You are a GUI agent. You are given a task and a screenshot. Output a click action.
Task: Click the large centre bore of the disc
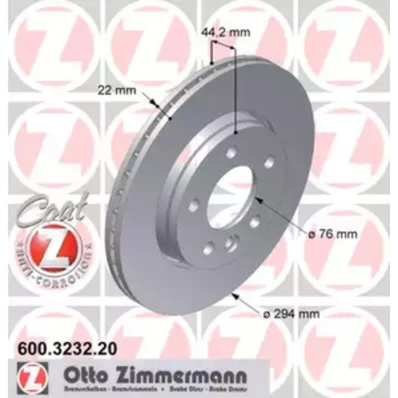click(230, 196)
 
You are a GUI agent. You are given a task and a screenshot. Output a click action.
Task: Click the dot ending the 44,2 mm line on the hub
click(236, 132)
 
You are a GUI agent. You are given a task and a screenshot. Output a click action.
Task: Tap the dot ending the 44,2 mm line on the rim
click(211, 63)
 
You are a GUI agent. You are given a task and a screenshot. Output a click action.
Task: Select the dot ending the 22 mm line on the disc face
click(171, 118)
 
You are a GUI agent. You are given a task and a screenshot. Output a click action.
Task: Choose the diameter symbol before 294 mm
click(267, 313)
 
